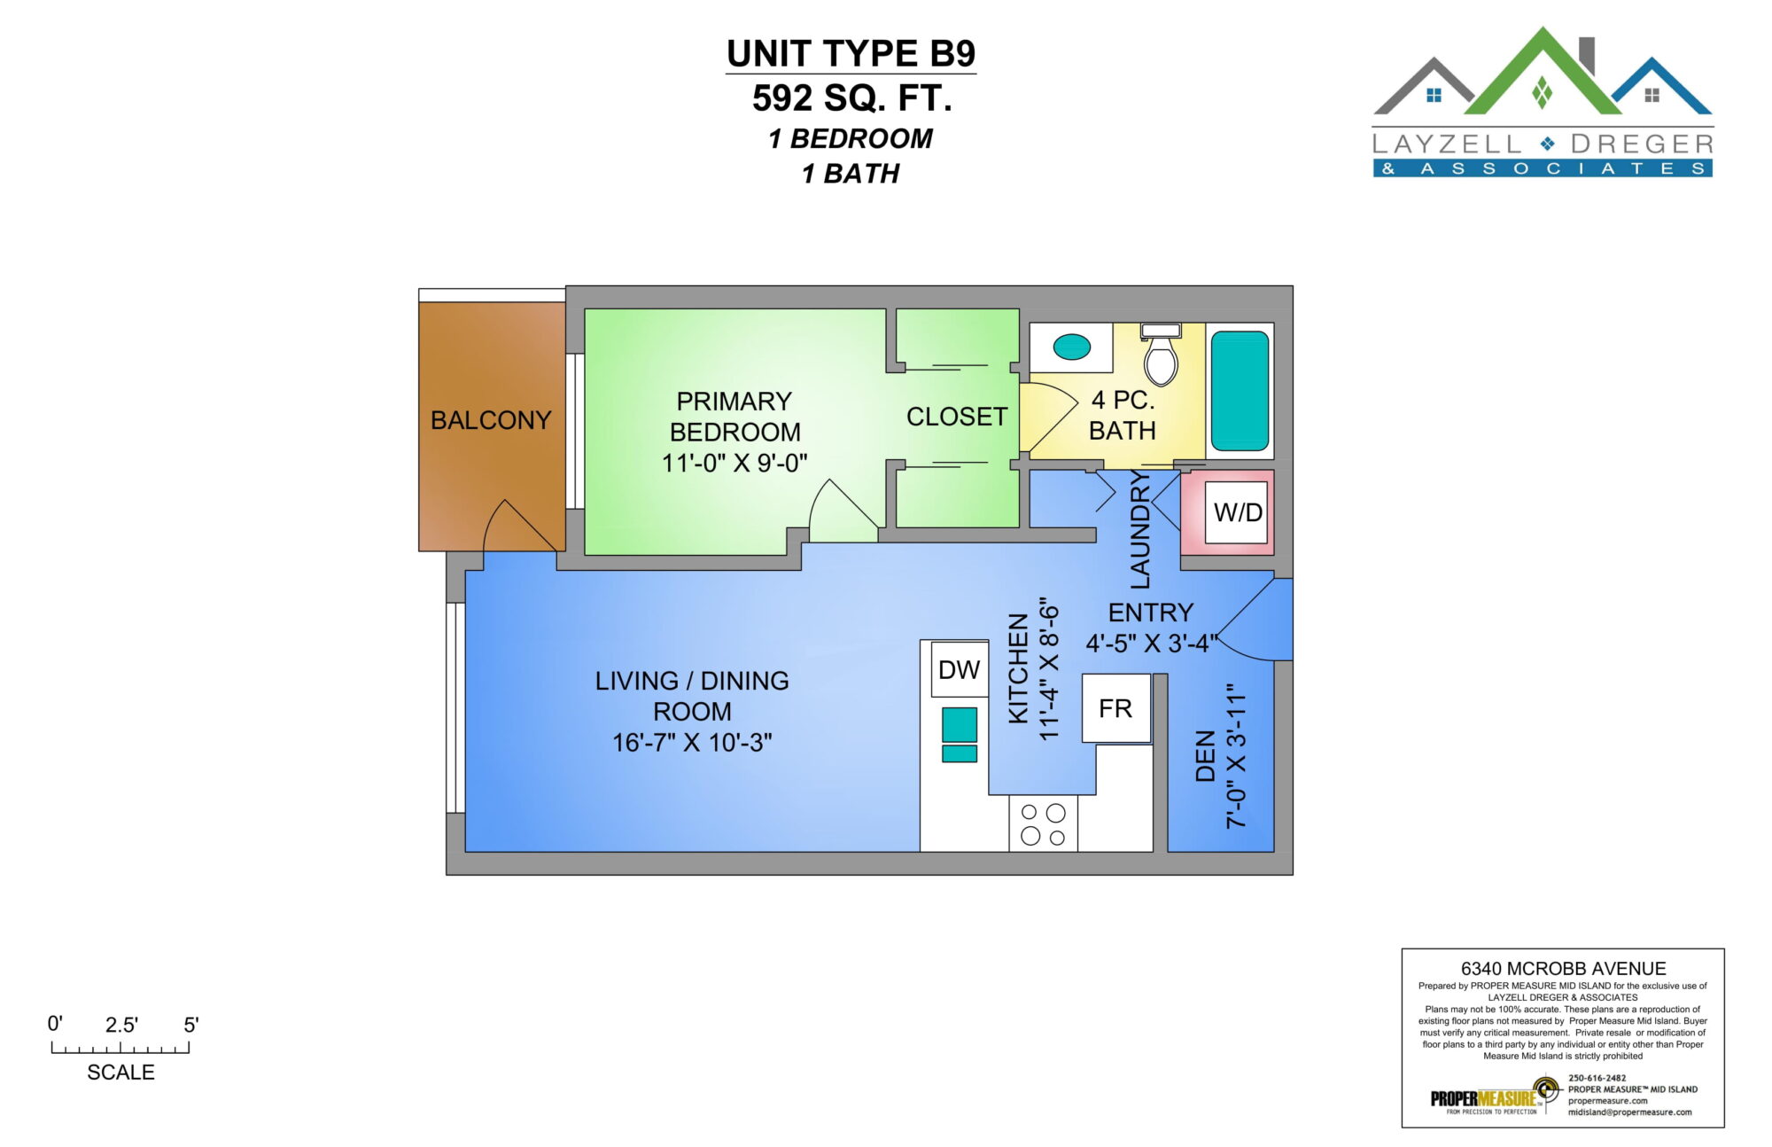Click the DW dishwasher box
pos(960,670)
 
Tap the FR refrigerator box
pos(1116,708)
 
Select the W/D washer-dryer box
pos(1237,512)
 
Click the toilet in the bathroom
pos(1161,355)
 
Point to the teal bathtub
pos(1240,391)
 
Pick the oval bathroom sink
pos(1072,347)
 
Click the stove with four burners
pos(1043,823)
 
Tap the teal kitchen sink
pos(960,735)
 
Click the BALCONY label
pos(491,420)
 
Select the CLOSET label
pos(957,417)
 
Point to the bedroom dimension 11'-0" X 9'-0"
pos(734,463)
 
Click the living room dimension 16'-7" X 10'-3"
pos(692,743)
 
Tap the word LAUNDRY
pos(1140,529)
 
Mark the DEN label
pos(1205,756)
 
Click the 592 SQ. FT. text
pos(852,98)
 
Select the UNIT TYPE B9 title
pos(851,54)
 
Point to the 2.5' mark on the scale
pos(121,1026)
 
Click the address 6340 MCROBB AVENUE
pos(1563,969)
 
